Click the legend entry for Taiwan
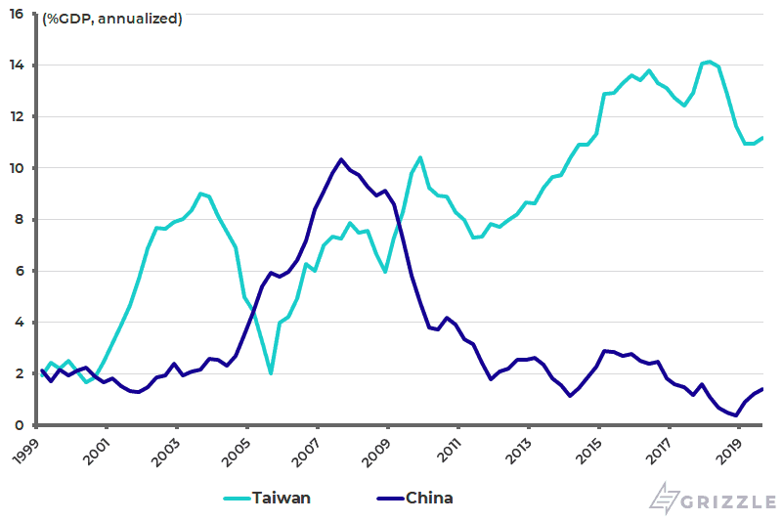[x=281, y=498]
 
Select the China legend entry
[x=429, y=498]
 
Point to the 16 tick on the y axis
[x=17, y=15]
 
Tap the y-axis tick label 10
[x=17, y=168]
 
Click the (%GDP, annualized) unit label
[x=110, y=19]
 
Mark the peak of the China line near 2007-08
[x=341, y=159]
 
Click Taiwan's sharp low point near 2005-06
[x=271, y=373]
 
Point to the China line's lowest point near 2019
[x=735, y=415]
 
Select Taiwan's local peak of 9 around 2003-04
[x=200, y=194]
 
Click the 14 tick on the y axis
[x=17, y=65]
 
